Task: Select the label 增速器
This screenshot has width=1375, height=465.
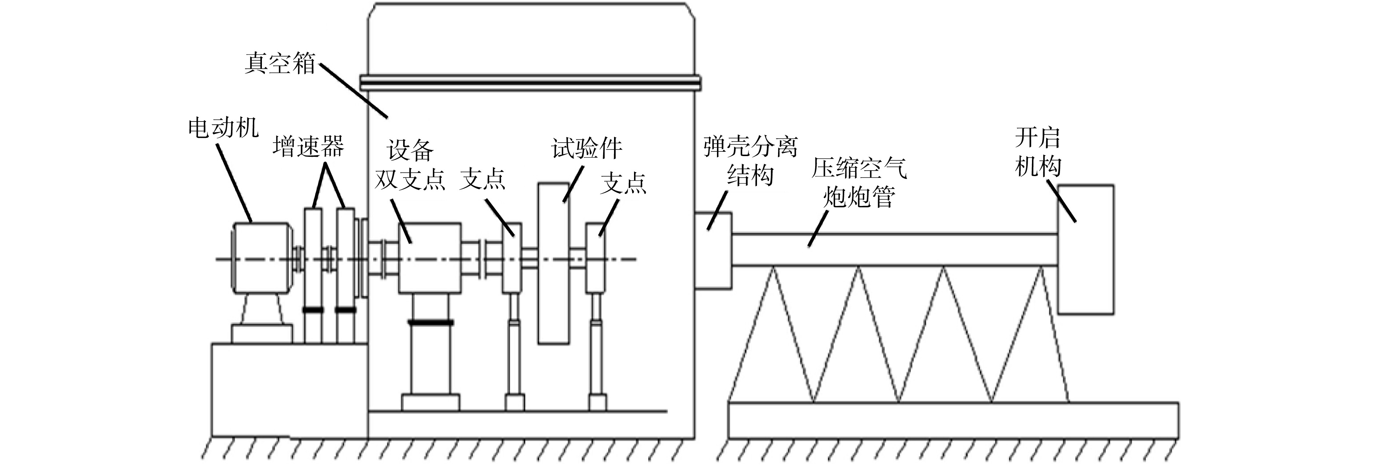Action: pos(308,146)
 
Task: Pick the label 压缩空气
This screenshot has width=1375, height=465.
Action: pos(859,168)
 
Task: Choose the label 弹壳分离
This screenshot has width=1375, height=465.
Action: pos(750,146)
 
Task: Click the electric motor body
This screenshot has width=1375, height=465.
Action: pos(262,258)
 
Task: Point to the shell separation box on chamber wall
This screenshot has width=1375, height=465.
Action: pos(713,250)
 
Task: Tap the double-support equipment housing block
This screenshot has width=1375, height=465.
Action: pos(430,258)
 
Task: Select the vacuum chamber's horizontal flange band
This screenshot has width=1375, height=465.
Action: pos(530,83)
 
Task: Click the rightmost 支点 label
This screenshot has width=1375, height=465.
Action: pos(623,183)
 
